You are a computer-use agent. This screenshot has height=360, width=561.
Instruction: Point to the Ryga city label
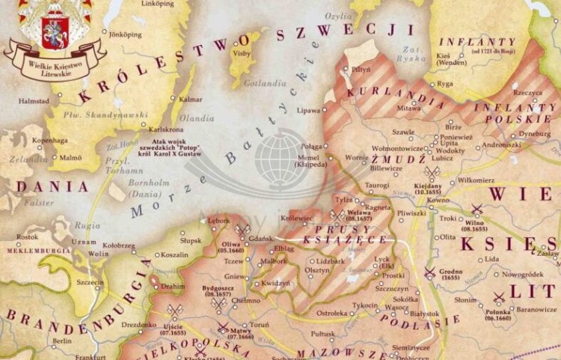[446, 84]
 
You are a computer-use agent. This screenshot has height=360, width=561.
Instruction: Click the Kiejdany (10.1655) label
[429, 188]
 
